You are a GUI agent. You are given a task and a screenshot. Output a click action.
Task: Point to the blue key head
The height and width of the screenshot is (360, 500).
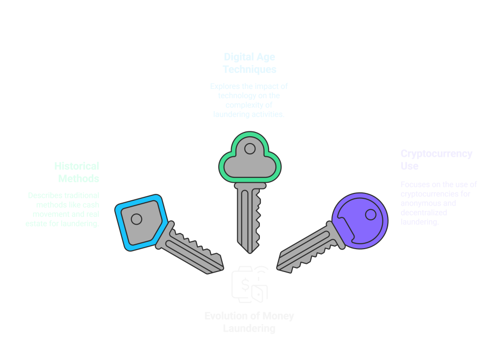point(138,222)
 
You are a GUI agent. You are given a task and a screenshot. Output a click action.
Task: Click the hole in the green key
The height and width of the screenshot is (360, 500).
point(250,148)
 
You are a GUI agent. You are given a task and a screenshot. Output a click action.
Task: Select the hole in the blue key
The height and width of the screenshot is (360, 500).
point(136,219)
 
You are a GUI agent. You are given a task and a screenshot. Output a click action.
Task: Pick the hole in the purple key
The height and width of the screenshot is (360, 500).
point(371,214)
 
